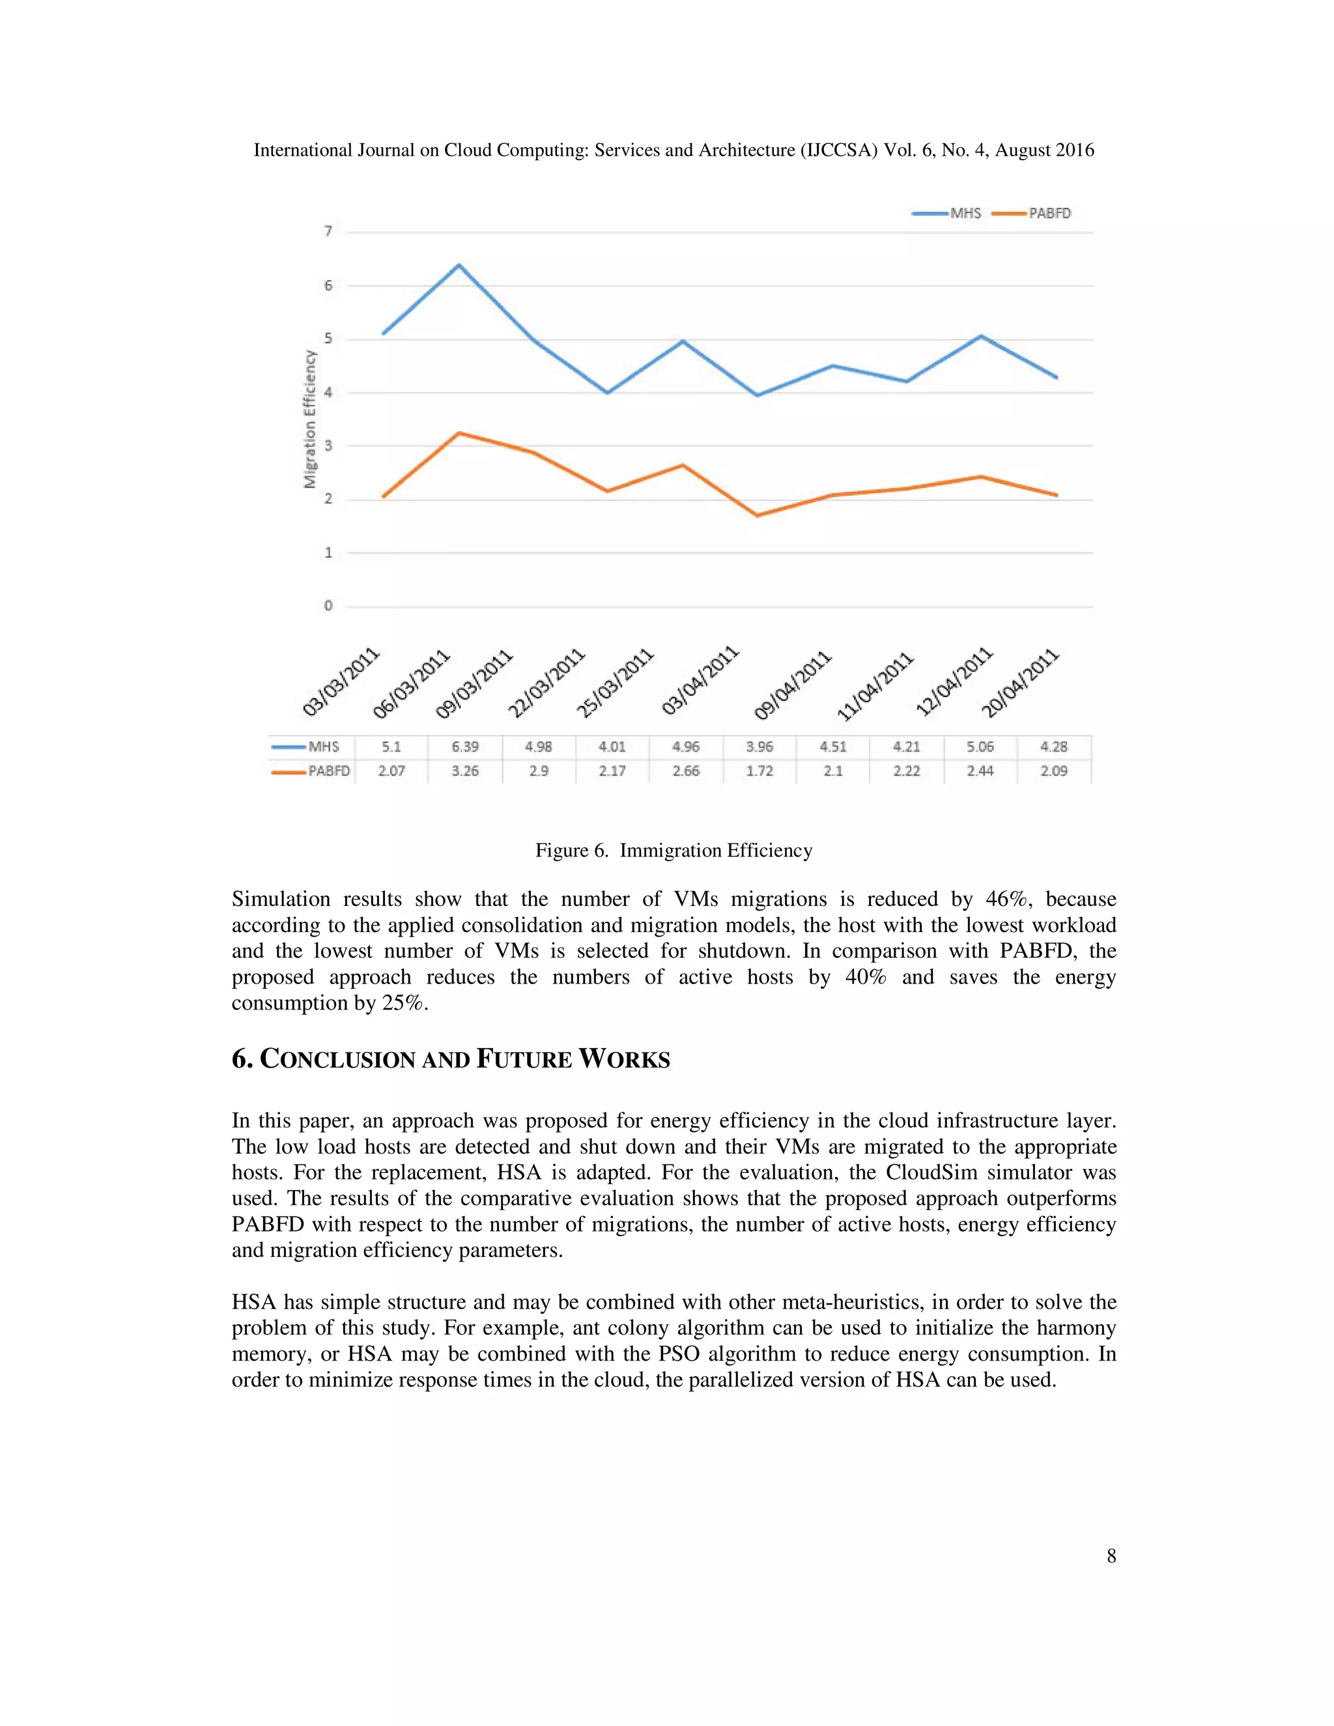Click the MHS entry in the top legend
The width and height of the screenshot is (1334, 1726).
coord(964,214)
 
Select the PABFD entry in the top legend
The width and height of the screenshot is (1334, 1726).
coord(1049,214)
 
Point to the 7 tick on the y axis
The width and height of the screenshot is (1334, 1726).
coord(328,231)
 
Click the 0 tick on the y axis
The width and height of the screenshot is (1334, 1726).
coord(328,606)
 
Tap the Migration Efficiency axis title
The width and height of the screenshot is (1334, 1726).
coord(310,419)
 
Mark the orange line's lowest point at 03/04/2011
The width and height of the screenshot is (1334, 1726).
coord(757,515)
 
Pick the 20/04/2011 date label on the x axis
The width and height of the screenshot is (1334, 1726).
coord(1019,682)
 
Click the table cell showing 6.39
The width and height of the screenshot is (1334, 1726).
coord(464,747)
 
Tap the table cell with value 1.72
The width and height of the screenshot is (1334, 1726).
coord(759,771)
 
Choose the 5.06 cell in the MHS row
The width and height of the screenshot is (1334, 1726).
coord(980,747)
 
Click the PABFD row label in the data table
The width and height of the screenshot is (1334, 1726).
coord(328,771)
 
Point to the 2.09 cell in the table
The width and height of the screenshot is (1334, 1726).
coord(1053,771)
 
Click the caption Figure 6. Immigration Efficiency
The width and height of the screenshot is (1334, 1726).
coord(674,851)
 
